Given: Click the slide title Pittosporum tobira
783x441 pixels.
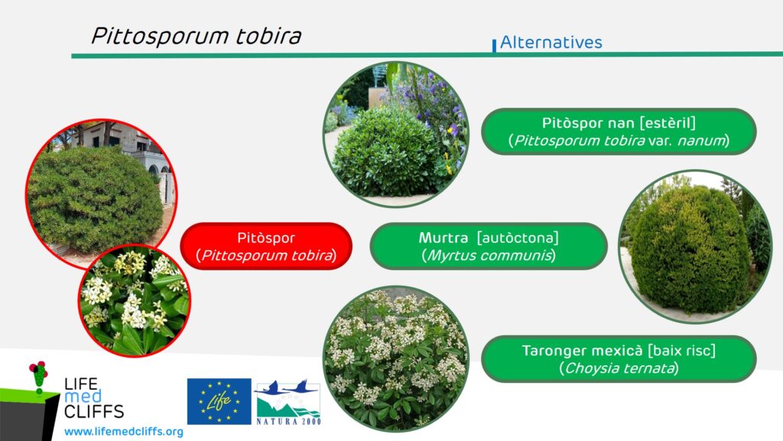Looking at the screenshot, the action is (197, 36).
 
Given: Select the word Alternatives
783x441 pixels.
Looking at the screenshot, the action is (551, 43).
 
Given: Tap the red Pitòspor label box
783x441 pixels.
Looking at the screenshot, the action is (266, 247).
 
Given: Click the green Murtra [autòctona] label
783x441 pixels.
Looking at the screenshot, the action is (489, 247).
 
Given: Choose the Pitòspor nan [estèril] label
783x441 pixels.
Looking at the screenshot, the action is (619, 132).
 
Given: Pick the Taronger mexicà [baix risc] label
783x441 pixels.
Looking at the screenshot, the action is (619, 359).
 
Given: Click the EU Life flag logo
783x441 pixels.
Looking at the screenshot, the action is (219, 401).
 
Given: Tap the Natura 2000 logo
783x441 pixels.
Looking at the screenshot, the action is (288, 402).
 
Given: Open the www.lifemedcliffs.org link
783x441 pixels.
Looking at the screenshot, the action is (124, 432).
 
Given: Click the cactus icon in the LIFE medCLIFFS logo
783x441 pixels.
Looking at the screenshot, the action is (38, 377).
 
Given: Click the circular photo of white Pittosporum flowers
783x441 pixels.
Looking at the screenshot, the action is (135, 300).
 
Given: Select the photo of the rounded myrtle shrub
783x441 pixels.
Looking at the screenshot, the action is (695, 247).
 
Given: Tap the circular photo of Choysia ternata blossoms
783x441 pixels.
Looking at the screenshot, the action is (396, 359).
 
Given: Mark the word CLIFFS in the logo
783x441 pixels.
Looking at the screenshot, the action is (94, 411).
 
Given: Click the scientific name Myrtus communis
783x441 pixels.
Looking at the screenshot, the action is (489, 256).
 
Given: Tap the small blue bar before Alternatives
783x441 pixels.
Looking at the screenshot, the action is (495, 45).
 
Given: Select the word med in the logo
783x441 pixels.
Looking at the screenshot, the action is (83, 397).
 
